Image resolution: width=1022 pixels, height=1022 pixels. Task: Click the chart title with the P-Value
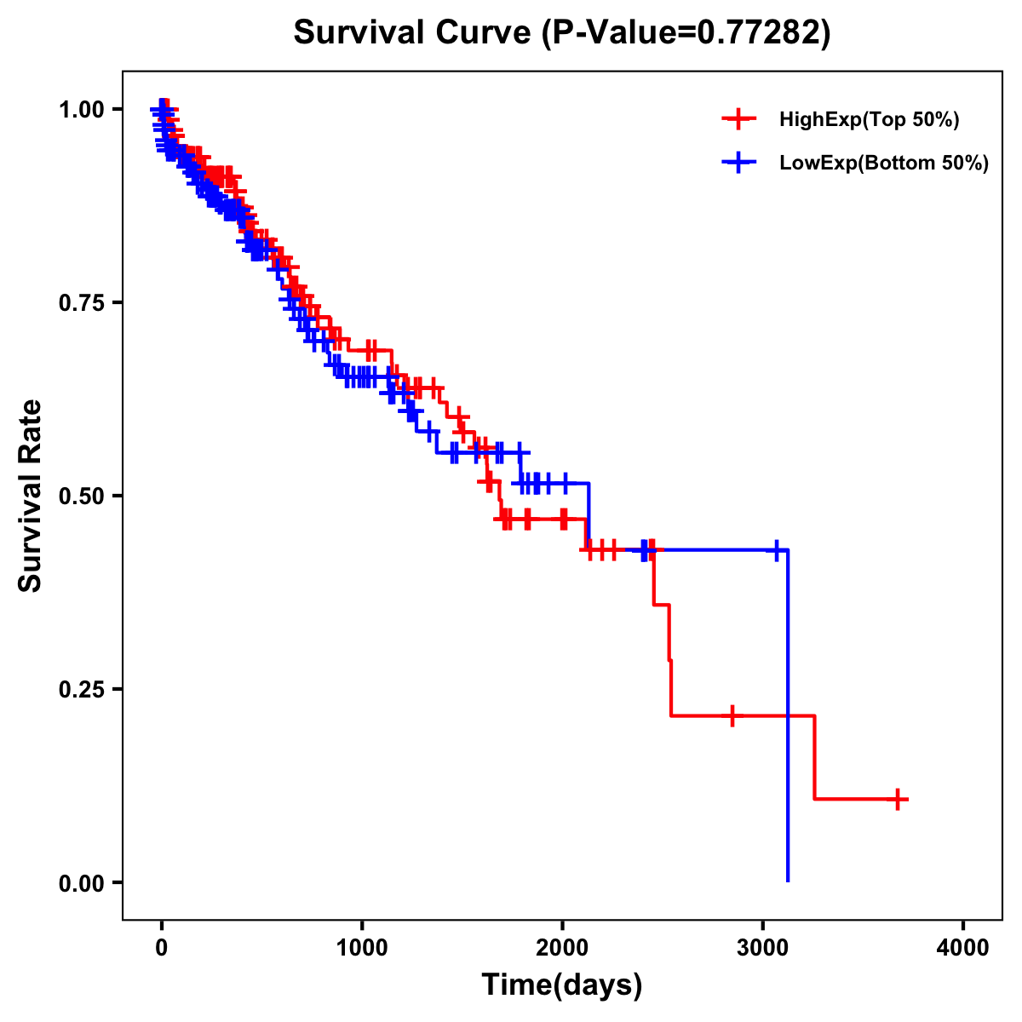pos(562,33)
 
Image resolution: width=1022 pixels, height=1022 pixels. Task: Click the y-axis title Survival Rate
pos(31,496)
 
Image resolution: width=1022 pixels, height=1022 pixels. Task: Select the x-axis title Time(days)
pos(562,985)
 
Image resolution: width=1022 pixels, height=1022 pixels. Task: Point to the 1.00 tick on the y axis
pos(82,109)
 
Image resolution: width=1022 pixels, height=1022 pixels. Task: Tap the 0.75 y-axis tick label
pos(82,302)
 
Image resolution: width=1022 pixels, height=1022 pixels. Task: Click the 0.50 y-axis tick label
pos(82,496)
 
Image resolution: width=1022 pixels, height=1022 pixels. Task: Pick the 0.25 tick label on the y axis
pos(82,689)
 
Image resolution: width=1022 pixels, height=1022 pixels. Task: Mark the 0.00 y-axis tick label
pos(82,882)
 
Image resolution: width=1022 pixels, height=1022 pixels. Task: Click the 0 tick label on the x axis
pos(162,947)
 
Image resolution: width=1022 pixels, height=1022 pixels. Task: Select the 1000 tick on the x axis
pos(362,947)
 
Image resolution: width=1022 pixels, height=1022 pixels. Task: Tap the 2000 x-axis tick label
pos(562,947)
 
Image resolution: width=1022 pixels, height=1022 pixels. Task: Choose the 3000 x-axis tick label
pos(763,947)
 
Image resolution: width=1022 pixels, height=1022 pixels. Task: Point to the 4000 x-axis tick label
pos(963,947)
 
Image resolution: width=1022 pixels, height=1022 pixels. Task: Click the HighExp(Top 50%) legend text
pos(870,120)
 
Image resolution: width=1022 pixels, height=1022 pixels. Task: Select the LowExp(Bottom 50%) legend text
pos(884,164)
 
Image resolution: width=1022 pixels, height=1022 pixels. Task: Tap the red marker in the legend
pos(738,120)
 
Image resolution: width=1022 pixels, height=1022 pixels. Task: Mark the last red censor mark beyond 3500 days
pos(898,799)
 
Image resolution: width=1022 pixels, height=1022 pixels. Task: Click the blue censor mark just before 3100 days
pos(776,550)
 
